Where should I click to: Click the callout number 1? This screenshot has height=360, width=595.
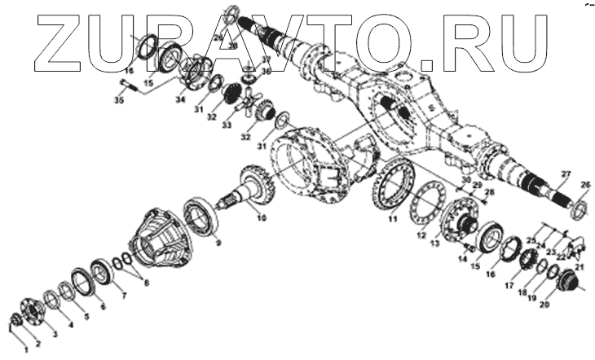click(x=24, y=349)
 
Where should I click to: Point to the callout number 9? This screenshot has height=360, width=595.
click(x=216, y=242)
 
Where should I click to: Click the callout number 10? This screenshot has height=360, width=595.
click(x=260, y=217)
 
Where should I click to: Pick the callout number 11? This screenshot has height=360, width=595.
click(x=392, y=218)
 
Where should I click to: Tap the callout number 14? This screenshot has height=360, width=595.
click(x=462, y=259)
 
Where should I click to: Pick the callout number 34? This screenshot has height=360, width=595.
click(x=180, y=99)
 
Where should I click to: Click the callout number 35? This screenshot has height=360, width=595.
click(x=120, y=102)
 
